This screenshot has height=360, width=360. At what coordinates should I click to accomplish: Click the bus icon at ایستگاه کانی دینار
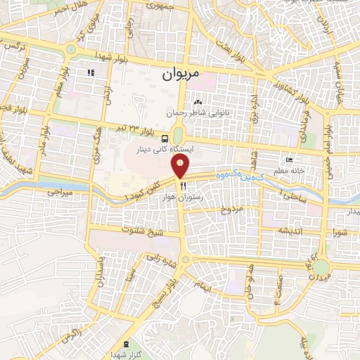[164, 139]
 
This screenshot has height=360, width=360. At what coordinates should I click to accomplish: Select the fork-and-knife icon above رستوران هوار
[183, 186]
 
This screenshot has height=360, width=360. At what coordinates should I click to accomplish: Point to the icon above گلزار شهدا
[126, 344]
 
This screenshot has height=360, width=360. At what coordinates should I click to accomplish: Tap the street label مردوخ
[231, 210]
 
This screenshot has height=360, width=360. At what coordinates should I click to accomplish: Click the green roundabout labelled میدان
[321, 267]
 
